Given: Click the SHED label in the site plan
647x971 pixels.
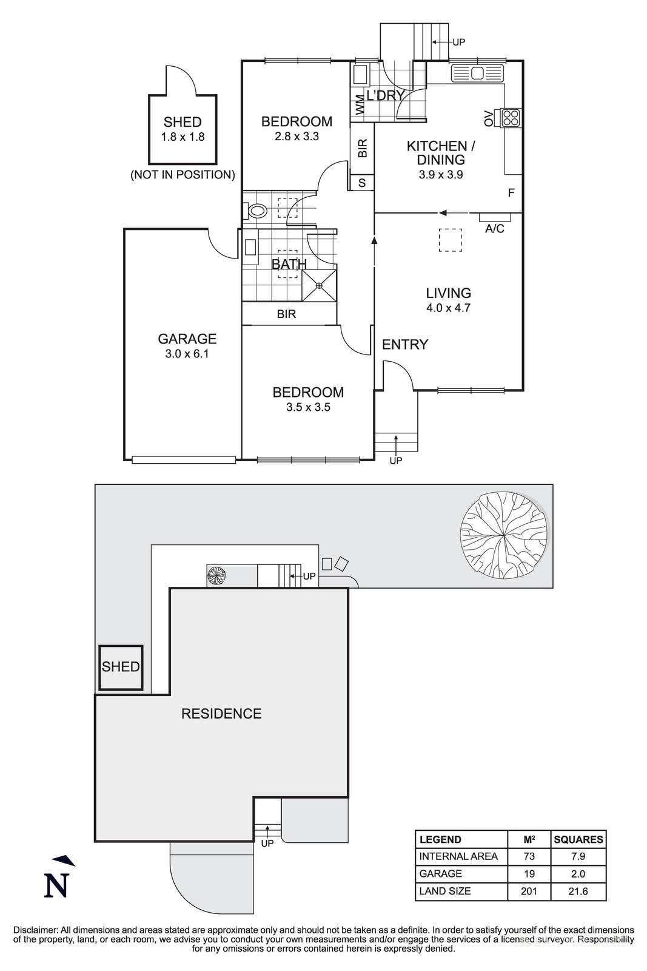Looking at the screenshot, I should pos(121,666).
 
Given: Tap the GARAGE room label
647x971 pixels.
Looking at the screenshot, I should pos(187,339).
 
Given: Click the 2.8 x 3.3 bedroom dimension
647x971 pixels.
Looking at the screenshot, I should pos(297,137).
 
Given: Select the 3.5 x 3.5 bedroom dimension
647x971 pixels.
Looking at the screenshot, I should pos(308,407).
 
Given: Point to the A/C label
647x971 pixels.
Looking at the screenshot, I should pos(495,229).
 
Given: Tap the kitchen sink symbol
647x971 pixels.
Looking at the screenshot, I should pos(477,73).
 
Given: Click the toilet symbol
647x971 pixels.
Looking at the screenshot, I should pos(257,211).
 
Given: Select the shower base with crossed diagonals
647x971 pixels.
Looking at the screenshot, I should pos(319,284).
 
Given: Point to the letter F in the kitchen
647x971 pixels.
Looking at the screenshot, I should pos(511,193).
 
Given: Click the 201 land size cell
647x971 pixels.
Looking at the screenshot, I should pos(529,891).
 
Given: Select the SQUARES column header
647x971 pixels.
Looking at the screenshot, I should pos(578,840).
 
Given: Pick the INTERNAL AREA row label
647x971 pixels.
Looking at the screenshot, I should pos(458,856).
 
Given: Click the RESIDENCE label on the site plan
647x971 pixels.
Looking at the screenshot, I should pos(221,714).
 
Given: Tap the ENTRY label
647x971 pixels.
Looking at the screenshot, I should pos(404,344).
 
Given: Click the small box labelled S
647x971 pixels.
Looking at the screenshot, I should pos(362,182).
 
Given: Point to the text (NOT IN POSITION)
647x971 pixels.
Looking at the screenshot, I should pos(183,175).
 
